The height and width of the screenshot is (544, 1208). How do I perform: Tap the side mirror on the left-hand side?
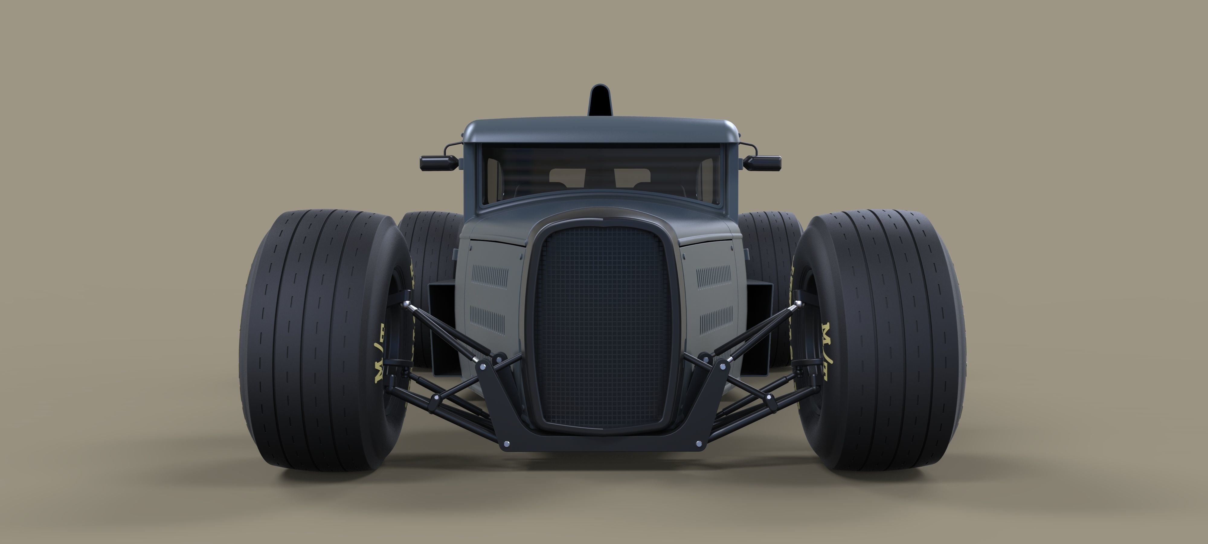[x=439, y=163]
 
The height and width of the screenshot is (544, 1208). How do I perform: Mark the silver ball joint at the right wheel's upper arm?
[x=793, y=306]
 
